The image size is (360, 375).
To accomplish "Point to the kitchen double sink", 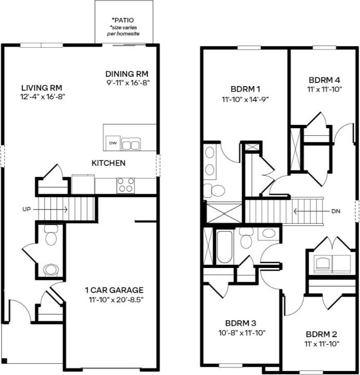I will pos(130,144).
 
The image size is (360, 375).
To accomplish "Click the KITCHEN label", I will pos(108,163).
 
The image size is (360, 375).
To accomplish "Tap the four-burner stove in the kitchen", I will pos(126,185).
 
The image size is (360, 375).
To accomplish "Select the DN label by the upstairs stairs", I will pos(336,210).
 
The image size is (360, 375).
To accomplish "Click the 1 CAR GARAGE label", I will pos(114,290).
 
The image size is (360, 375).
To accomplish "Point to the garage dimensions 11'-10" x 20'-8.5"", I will pos(114,299).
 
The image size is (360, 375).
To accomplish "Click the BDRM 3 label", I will pos(241,324).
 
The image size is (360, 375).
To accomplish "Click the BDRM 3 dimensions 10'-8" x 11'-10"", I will pos(241,333).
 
